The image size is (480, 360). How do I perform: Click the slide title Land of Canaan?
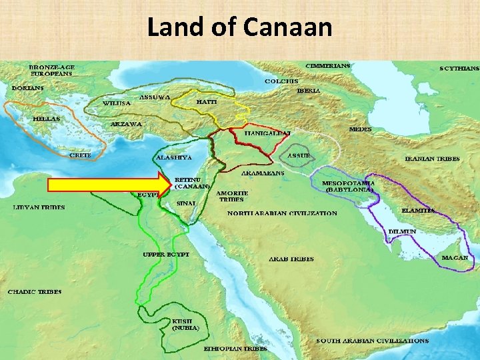(239, 27)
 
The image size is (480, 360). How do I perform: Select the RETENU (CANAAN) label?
(193, 183)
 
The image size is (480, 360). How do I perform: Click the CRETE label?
(81, 155)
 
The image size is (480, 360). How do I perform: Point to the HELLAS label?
(46, 119)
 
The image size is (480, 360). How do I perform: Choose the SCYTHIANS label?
(459, 68)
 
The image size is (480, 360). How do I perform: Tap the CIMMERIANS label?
(327, 66)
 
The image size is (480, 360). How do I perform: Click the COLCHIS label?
(280, 81)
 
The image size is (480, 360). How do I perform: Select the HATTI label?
(207, 102)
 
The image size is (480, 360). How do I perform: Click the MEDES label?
(361, 129)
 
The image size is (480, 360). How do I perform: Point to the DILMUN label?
(403, 231)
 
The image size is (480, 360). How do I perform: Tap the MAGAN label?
(455, 257)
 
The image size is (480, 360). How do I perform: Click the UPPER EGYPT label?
(166, 254)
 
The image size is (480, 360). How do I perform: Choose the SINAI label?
(185, 203)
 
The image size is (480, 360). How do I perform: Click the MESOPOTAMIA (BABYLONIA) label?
(348, 186)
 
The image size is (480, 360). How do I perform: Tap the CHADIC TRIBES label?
(35, 292)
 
